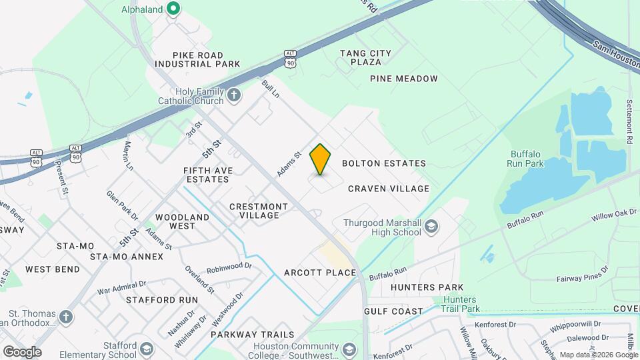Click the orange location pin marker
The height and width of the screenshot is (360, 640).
(x=320, y=159)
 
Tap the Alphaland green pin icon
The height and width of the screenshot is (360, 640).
(x=173, y=9)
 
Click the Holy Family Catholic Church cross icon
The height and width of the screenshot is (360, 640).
(x=233, y=95)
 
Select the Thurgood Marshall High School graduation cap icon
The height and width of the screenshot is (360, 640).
(x=431, y=227)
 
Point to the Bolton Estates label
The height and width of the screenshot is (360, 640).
(x=383, y=163)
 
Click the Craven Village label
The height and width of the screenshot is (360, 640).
(x=389, y=189)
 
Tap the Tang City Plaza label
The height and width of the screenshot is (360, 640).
(x=365, y=57)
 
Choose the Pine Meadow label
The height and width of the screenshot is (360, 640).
(x=404, y=79)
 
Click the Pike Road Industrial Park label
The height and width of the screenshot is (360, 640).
(x=197, y=59)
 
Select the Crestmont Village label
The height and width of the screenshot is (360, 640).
(x=259, y=211)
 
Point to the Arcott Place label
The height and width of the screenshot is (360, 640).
(x=320, y=273)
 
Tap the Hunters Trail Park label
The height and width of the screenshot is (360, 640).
(x=461, y=305)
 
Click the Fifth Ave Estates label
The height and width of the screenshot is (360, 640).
(x=209, y=175)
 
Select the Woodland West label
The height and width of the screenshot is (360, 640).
(x=182, y=221)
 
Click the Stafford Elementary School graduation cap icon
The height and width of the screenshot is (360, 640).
(x=146, y=350)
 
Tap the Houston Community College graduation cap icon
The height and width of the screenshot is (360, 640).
(x=349, y=350)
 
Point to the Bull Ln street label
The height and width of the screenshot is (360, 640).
(x=270, y=88)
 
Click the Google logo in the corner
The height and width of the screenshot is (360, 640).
(x=22, y=352)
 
